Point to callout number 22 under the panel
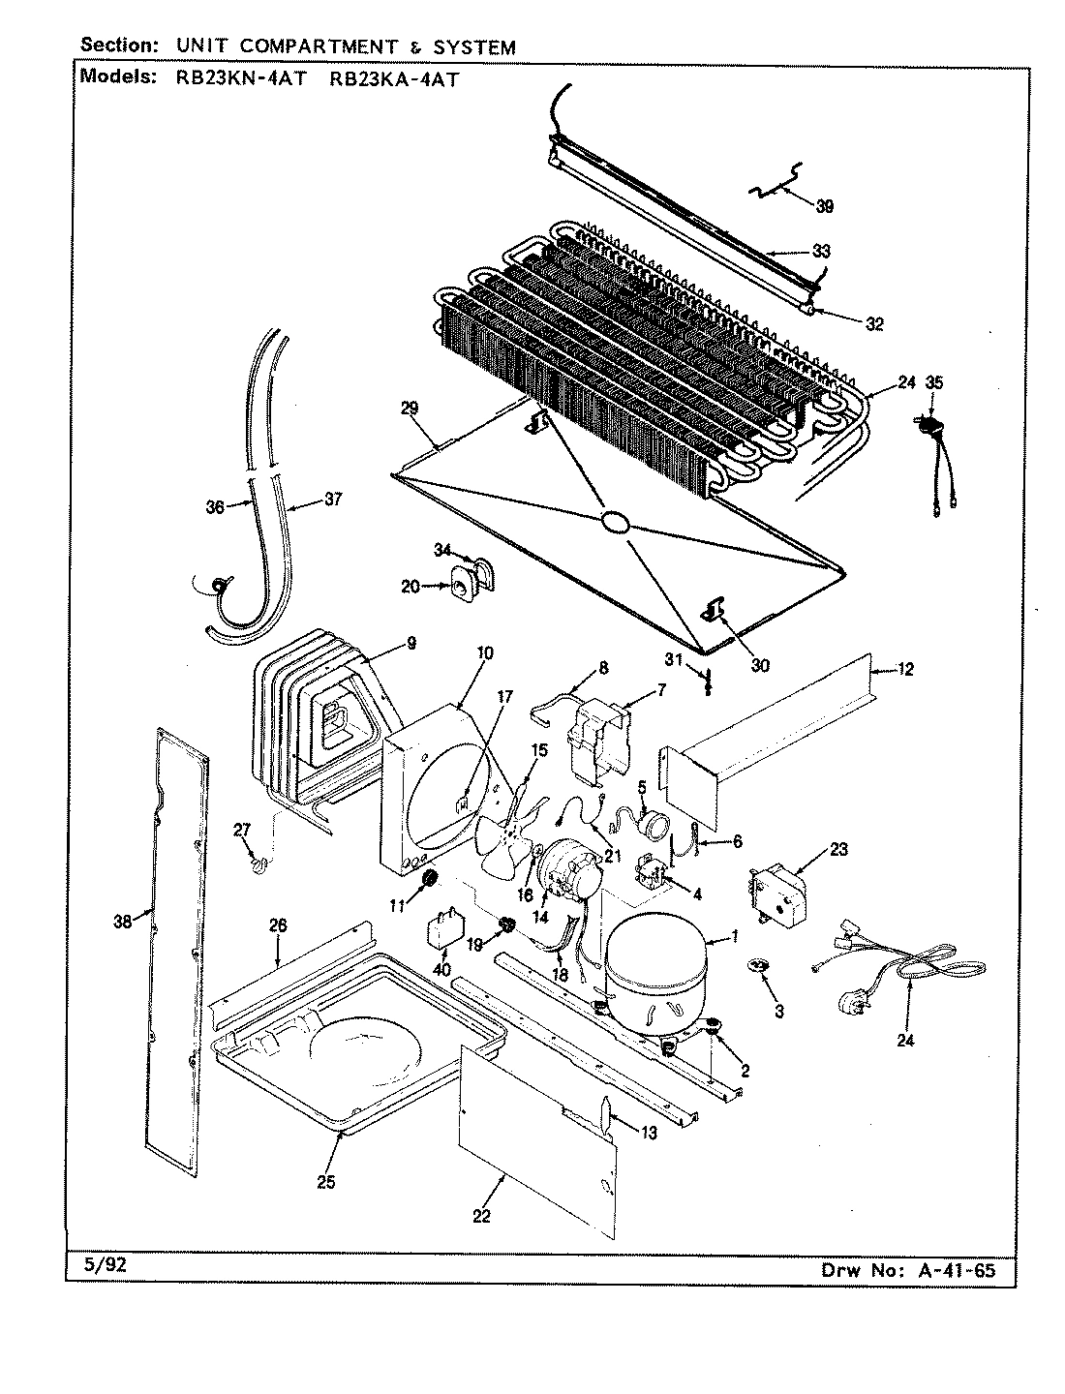click(481, 1216)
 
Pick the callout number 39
click(824, 205)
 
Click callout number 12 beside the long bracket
click(904, 669)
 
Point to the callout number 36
click(215, 506)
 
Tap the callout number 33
click(821, 251)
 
